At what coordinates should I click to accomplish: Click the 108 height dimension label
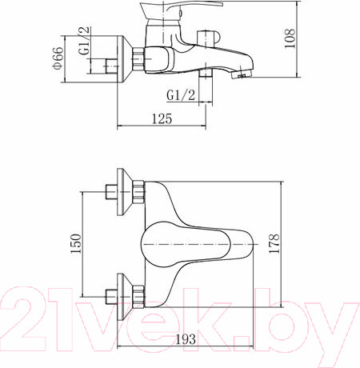(290, 38)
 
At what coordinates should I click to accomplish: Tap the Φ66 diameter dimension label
(58, 58)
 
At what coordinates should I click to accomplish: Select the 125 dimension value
(162, 118)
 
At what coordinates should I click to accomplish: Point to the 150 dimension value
(76, 243)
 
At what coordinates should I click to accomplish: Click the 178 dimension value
(274, 243)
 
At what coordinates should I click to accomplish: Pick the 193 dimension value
(186, 339)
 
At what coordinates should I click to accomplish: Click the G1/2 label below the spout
(181, 95)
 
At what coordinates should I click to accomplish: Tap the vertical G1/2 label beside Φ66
(85, 41)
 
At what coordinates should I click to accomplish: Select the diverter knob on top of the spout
(208, 38)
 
